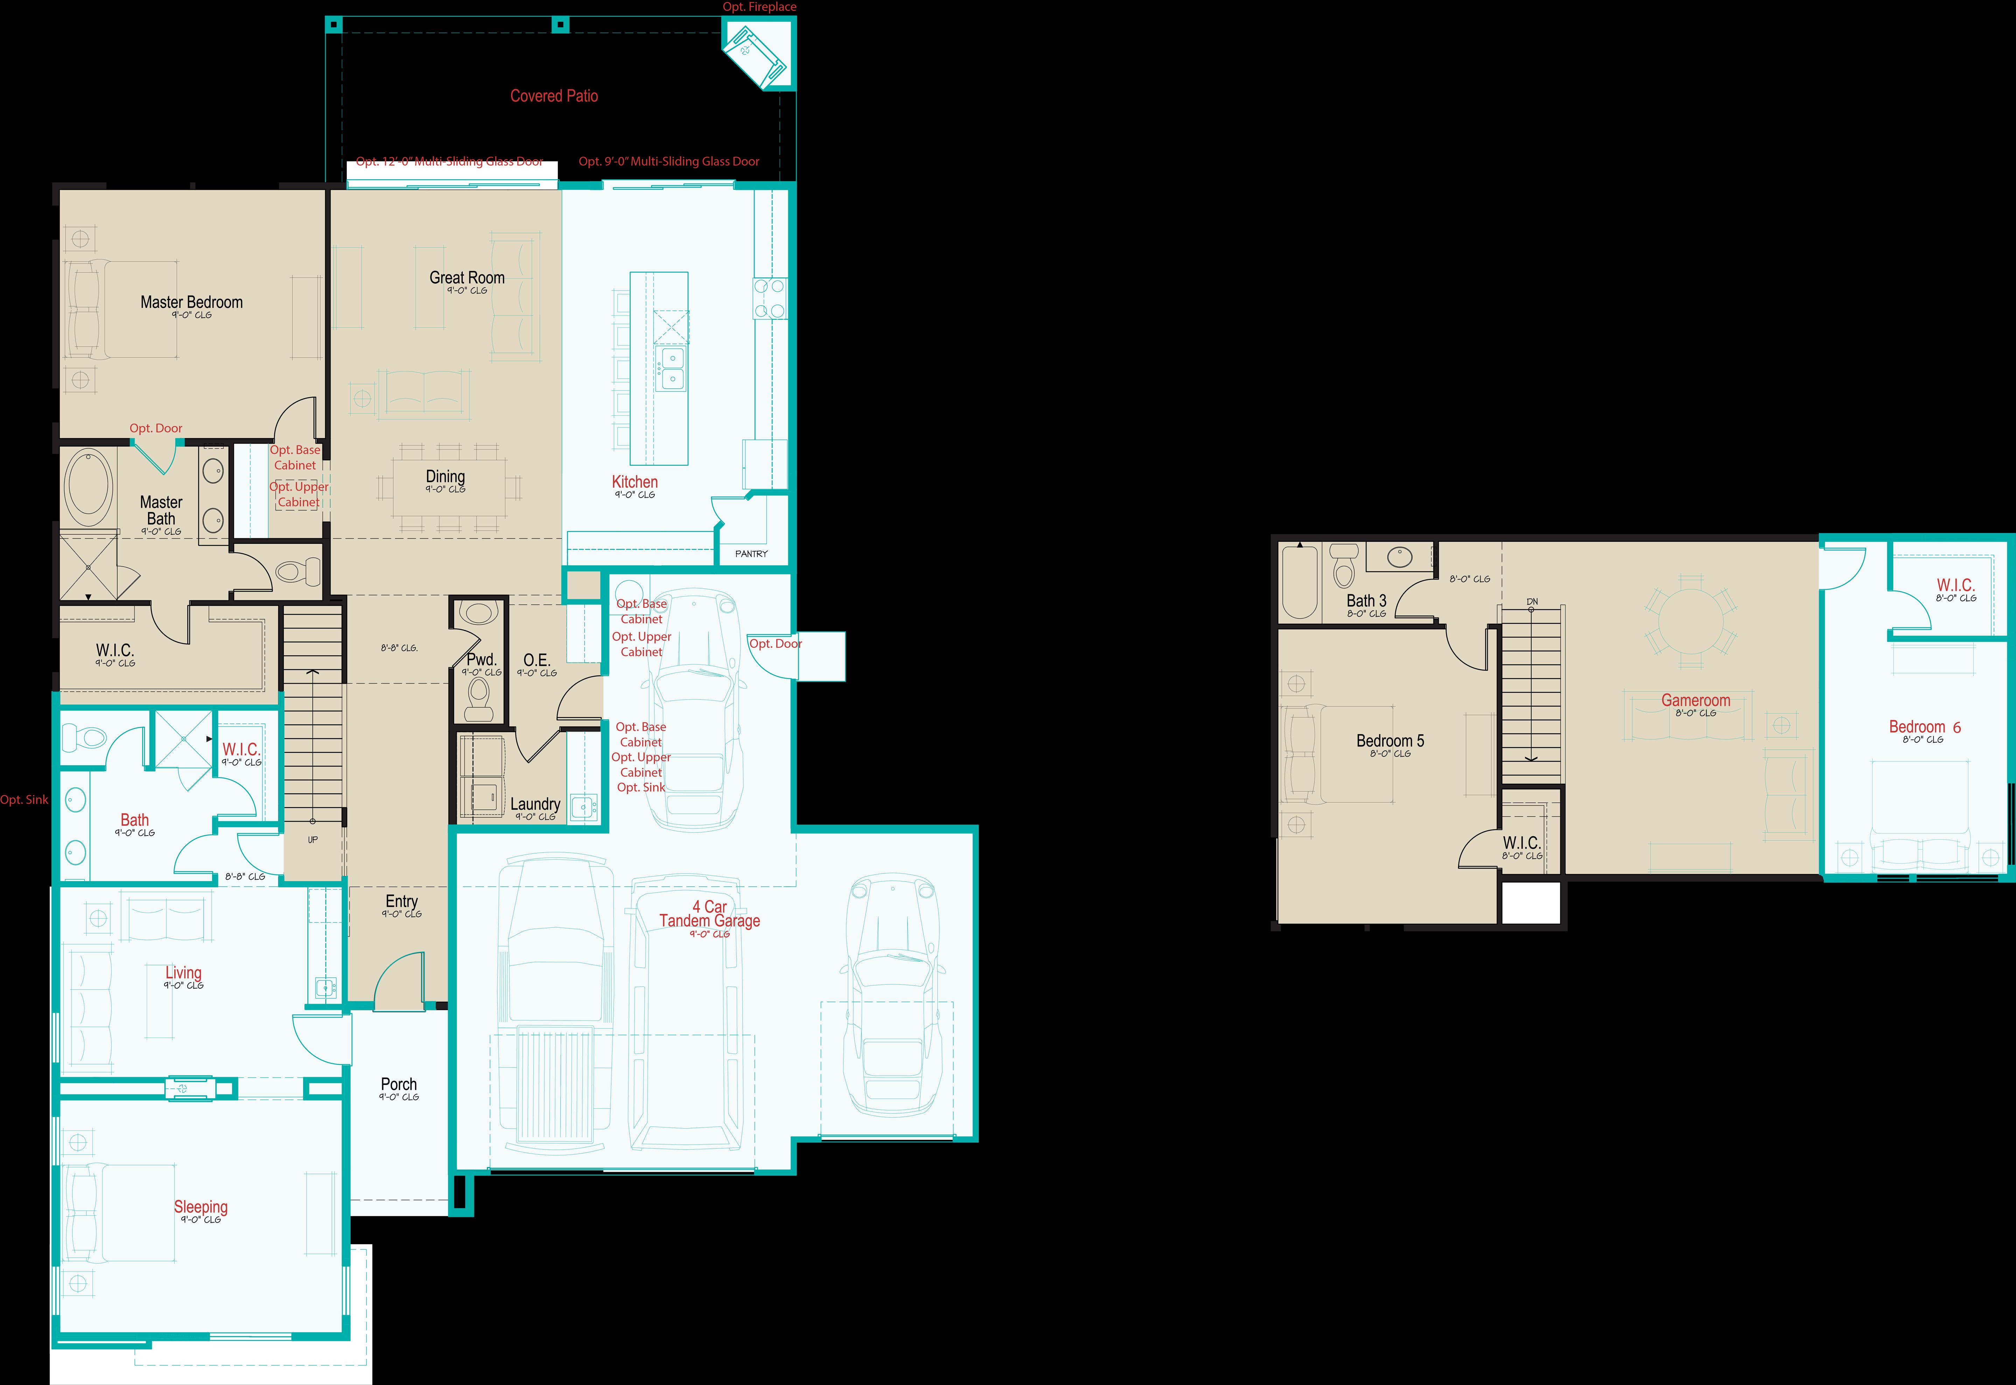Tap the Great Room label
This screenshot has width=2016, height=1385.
[x=467, y=278]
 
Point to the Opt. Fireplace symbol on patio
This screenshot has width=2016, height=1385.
[x=755, y=52]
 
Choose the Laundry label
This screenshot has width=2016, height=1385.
[x=534, y=804]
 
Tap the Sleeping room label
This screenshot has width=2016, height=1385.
[x=201, y=1207]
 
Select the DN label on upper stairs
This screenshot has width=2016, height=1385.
[x=1532, y=601]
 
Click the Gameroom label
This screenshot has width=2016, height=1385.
[x=1695, y=700]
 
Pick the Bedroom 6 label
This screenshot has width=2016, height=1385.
[x=1924, y=727]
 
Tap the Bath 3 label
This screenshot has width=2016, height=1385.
[x=1366, y=601]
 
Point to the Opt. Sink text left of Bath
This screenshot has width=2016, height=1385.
[x=24, y=800]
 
